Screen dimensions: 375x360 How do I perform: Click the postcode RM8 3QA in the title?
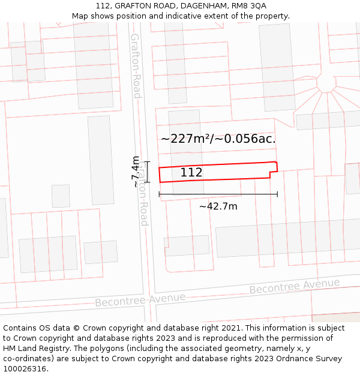(250, 5)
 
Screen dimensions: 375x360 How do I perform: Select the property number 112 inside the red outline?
(191, 173)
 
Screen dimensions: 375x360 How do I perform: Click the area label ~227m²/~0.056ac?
(218, 139)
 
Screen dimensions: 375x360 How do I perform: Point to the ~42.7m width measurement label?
(218, 206)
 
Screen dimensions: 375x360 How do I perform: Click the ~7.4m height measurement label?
(136, 172)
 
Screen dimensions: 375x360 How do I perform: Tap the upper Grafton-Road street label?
(136, 66)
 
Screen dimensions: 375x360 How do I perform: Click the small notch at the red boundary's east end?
(274, 175)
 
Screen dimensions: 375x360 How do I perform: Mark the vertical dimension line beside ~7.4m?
(147, 172)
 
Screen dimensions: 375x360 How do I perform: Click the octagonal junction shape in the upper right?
(326, 83)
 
